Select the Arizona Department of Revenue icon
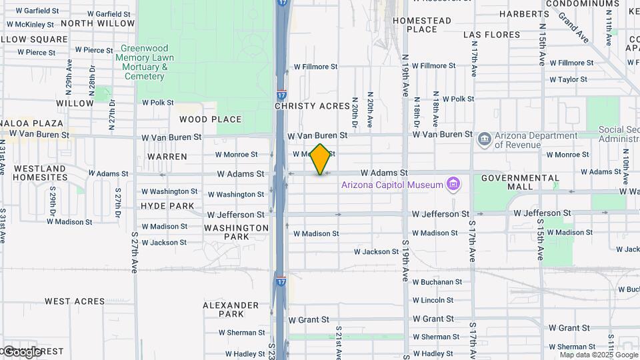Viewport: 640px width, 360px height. coord(485,139)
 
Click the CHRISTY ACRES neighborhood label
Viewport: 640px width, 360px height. coord(312,106)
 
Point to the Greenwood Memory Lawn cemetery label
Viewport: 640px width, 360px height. coord(145,62)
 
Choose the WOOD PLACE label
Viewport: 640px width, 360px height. coord(210,119)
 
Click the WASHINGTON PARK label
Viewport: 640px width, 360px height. coord(236,232)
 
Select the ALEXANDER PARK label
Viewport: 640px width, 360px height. coord(231,309)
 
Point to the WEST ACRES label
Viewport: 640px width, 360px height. coord(75,301)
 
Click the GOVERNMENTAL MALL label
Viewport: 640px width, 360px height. coord(520,182)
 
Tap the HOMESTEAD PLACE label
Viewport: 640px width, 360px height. coord(422,25)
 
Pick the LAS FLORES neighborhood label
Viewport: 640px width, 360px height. coord(491,35)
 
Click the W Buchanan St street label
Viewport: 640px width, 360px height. coord(437,282)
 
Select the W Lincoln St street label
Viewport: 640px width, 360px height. coord(433,301)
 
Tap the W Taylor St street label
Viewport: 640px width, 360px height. coord(568,79)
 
